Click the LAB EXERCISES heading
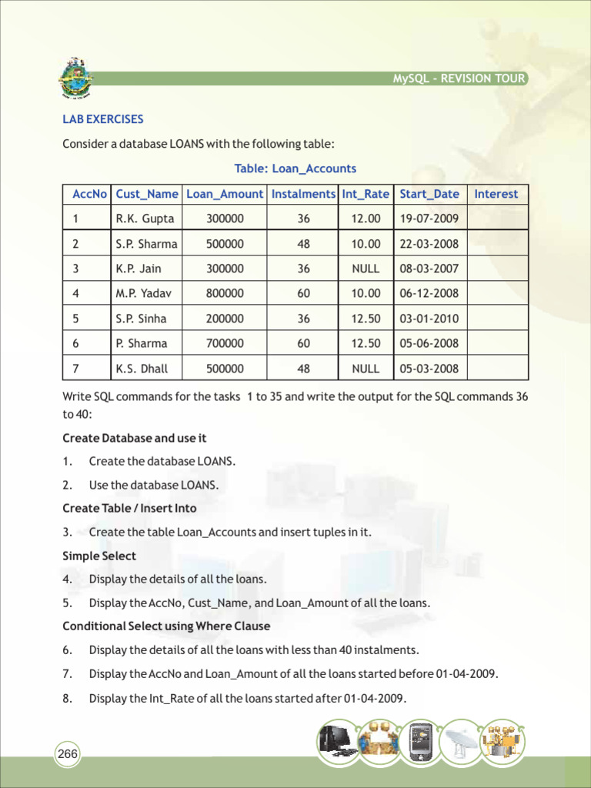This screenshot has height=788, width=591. coord(102,119)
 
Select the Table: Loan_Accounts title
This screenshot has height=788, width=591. coord(295,169)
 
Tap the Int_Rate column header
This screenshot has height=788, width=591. coord(366,194)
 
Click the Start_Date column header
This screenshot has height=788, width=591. coord(429,194)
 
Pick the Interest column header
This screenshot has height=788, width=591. coord(496,194)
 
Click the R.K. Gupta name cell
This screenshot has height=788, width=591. coord(145,219)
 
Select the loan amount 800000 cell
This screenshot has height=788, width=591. coord(225,293)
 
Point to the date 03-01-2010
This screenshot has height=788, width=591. coord(429,319)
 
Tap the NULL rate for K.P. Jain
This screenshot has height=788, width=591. coord(366,269)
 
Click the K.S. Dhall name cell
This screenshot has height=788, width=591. coord(142,369)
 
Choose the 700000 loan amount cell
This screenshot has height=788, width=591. coord(225,343)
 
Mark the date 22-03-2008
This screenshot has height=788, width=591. coord(429,244)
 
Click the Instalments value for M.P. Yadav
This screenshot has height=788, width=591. coord(303,293)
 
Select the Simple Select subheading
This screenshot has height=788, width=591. coord(99,556)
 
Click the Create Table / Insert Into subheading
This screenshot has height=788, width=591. coord(129,508)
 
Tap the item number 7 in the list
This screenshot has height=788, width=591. coord(68,674)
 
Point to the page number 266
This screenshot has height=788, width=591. coord(68,754)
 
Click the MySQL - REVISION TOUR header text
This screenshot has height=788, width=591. coord(459,78)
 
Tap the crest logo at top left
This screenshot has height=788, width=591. coord(75,78)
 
